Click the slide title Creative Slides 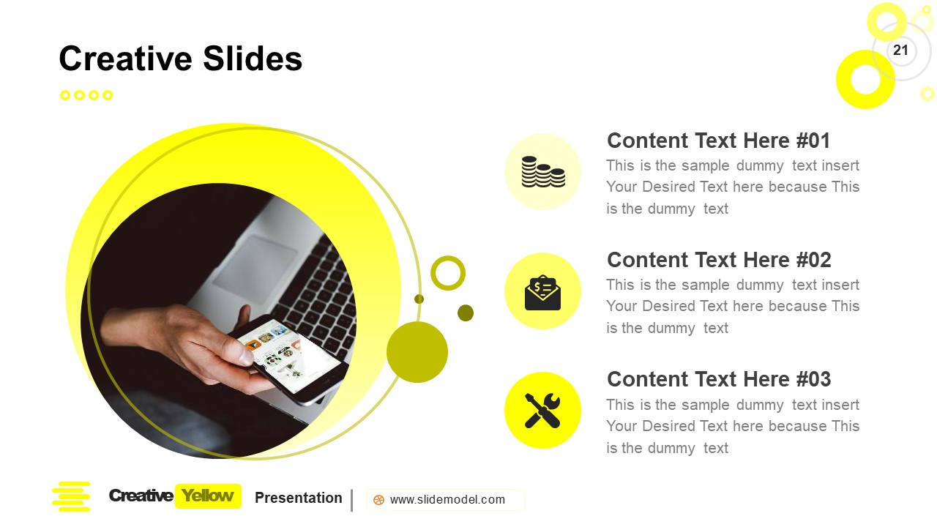(180, 59)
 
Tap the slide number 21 (900, 51)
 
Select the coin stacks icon (542, 171)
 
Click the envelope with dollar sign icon (542, 291)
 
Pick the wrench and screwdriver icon (542, 411)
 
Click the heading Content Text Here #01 (718, 141)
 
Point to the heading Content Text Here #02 (719, 260)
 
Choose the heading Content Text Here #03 (719, 379)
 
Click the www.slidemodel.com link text (447, 500)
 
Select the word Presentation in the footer (298, 498)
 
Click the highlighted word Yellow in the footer (208, 496)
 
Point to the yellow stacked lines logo (71, 496)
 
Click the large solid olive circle (417, 352)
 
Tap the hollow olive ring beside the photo (448, 273)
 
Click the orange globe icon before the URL (378, 500)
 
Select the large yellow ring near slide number (865, 80)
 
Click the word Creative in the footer (141, 496)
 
